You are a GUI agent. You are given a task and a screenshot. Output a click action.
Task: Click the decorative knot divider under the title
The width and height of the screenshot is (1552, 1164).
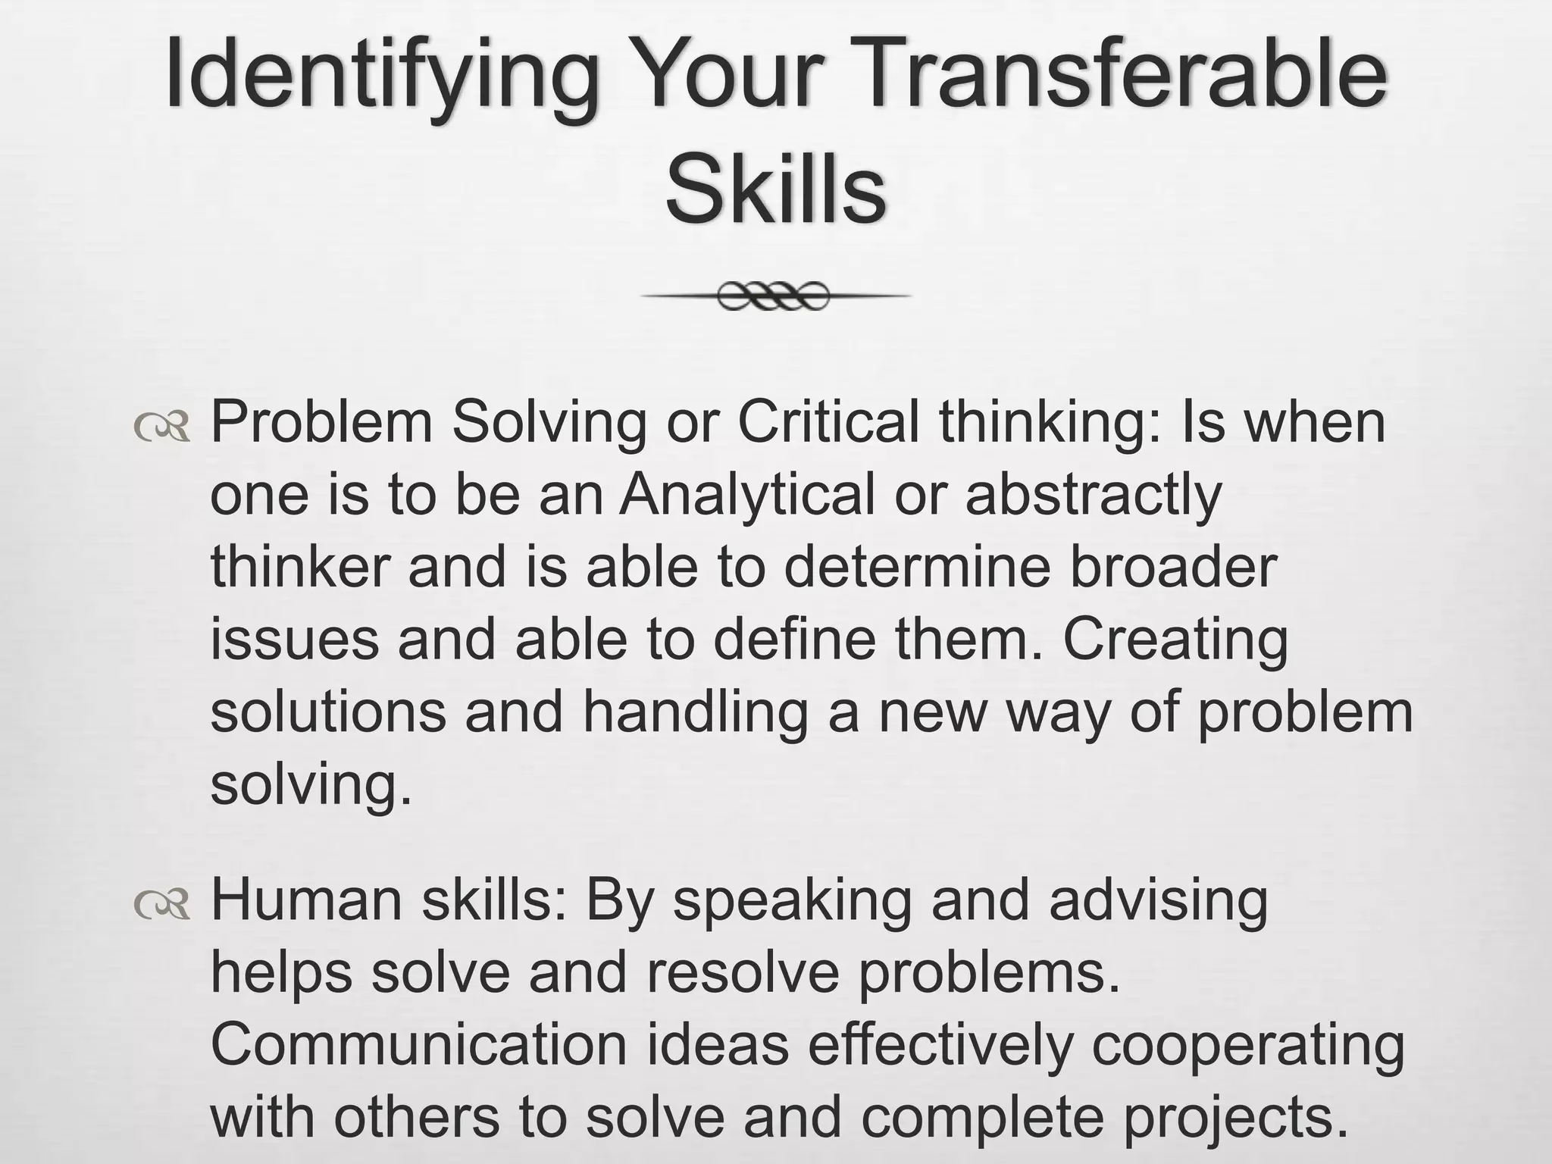pyautogui.click(x=774, y=296)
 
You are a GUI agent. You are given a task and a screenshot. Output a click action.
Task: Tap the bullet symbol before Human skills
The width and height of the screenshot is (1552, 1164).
pyautogui.click(x=161, y=904)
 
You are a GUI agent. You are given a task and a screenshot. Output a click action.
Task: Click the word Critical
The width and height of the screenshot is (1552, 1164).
pyautogui.click(x=828, y=421)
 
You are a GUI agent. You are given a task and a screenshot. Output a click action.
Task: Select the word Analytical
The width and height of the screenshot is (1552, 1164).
pyautogui.click(x=746, y=494)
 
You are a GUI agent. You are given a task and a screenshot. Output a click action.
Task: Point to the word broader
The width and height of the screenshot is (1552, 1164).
pyautogui.click(x=1173, y=567)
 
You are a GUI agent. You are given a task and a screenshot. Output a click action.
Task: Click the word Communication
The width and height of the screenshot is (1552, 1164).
pyautogui.click(x=418, y=1045)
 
